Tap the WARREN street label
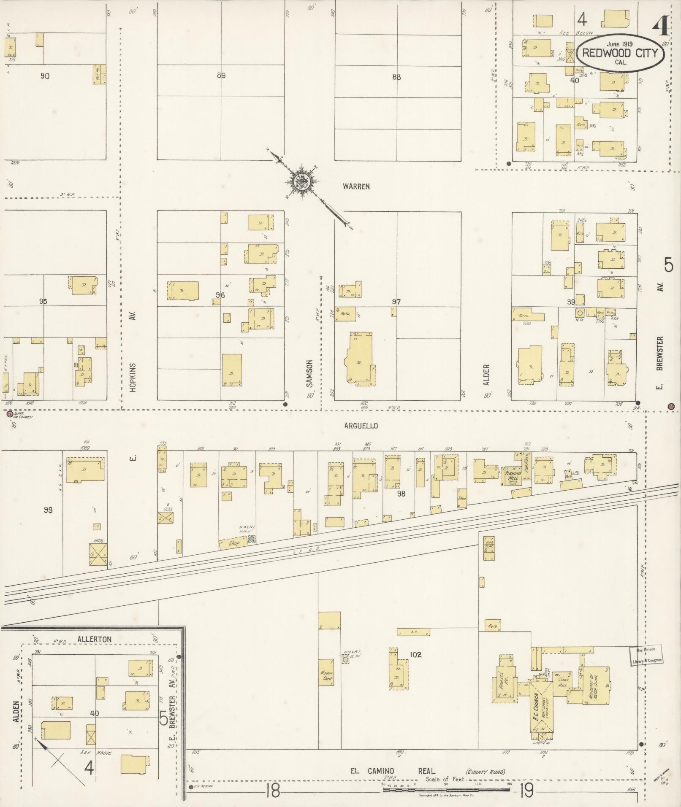click(x=356, y=186)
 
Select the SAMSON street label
click(x=309, y=373)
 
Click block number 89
click(x=220, y=76)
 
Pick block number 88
click(x=396, y=77)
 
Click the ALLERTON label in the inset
click(x=95, y=651)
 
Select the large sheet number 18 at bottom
click(x=273, y=792)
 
